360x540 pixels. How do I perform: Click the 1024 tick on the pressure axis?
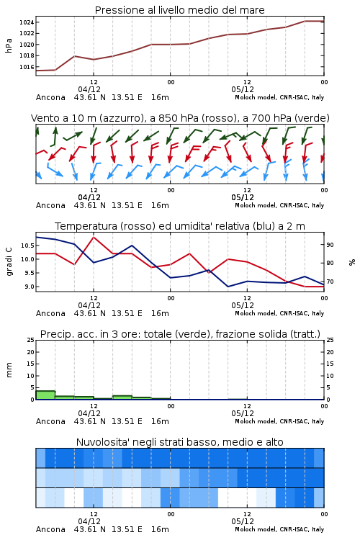pyautogui.click(x=27, y=22)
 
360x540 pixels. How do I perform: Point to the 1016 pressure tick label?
pyautogui.click(x=27, y=67)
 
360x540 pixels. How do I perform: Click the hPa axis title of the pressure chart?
pyautogui.click(x=9, y=45)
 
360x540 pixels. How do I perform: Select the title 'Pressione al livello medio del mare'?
pyautogui.click(x=180, y=10)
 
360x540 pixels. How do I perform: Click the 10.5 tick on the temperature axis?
pyautogui.click(x=27, y=246)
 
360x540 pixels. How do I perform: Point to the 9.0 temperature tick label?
pyautogui.click(x=29, y=287)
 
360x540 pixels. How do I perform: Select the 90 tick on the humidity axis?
pyautogui.click(x=330, y=245)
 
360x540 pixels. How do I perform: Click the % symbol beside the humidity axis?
pyautogui.click(x=352, y=262)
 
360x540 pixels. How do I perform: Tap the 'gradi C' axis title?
pyautogui.click(x=9, y=261)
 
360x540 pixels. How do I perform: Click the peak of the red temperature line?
pyautogui.click(x=94, y=237)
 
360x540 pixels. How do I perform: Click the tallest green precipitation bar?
pyautogui.click(x=45, y=395)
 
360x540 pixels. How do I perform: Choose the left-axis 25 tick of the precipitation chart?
pyautogui.click(x=31, y=341)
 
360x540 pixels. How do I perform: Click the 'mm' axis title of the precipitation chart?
pyautogui.click(x=9, y=370)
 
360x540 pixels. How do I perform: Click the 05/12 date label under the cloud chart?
pyautogui.click(x=243, y=521)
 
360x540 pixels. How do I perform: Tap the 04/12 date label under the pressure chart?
pyautogui.click(x=89, y=89)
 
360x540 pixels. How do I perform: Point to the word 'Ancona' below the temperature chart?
pyautogui.click(x=50, y=313)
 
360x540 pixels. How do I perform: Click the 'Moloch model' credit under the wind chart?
pyautogui.click(x=256, y=206)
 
